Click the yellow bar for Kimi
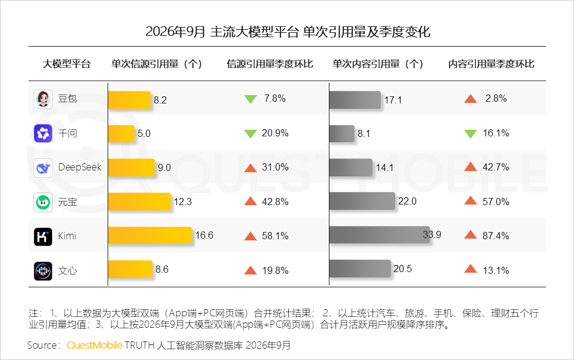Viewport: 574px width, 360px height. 150,236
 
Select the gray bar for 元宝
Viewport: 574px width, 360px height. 362,201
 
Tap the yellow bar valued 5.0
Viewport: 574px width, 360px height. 121,134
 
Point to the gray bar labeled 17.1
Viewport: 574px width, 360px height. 355,100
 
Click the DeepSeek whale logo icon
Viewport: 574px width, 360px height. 43,167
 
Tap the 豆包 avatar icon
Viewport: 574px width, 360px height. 43,99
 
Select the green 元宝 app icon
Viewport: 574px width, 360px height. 43,202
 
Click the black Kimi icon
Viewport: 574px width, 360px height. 43,237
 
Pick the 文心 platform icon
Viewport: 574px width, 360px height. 43,271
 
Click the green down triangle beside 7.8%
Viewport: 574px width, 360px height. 251,99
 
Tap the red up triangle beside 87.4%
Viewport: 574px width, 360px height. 471,235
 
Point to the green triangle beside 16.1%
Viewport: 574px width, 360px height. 471,134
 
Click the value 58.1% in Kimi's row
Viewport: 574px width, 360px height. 275,236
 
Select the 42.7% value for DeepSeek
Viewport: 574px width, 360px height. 496,167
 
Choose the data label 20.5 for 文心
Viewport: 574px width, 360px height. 402,269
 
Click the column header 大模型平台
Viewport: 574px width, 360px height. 66,64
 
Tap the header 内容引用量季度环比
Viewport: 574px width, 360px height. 491,64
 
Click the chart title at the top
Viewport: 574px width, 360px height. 288,32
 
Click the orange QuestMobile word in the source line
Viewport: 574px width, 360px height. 94,346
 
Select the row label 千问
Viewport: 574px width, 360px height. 68,133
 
